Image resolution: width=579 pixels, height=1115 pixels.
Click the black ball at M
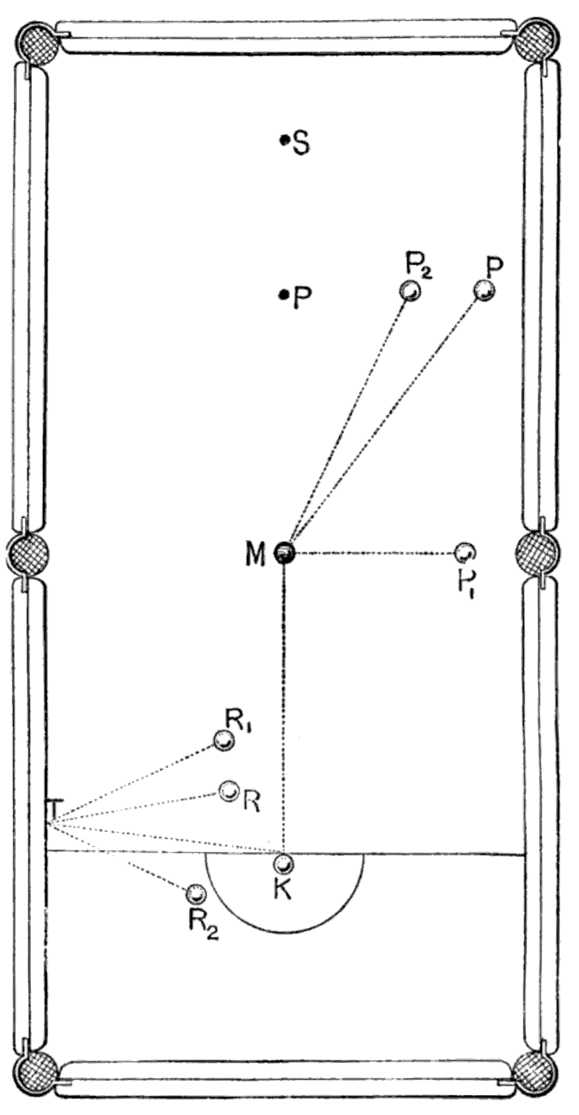pos(285,552)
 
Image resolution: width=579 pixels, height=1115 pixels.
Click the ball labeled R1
pos(224,741)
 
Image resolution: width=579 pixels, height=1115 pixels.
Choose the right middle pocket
pos(538,552)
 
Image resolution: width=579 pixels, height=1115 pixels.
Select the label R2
pos(203,928)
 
